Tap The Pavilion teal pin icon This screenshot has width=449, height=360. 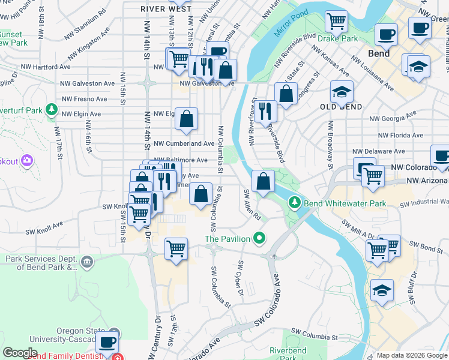point(259,239)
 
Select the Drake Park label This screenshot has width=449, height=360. point(337,38)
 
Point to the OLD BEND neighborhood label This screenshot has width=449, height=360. point(341,107)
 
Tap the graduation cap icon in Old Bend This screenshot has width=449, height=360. point(342,92)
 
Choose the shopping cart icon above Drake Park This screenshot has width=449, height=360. point(336,21)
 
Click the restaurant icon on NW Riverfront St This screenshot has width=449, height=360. point(265,110)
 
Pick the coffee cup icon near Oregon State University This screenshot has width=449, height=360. point(107,343)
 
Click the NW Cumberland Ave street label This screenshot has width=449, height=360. point(184,144)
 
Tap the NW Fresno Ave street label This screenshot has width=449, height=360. point(84,98)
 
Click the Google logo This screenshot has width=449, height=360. point(20,353)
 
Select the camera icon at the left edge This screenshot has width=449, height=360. point(26,160)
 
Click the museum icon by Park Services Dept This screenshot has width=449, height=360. point(87,261)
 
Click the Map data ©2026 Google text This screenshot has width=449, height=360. point(411,355)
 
